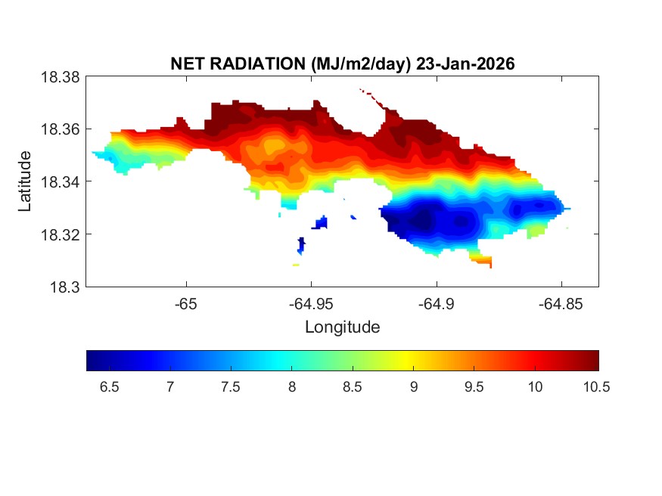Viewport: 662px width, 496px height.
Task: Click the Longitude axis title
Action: click(x=342, y=327)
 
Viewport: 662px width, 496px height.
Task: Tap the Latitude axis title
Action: click(x=26, y=181)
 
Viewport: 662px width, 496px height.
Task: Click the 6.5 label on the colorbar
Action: click(x=109, y=387)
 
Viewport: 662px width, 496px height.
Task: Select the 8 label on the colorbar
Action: click(x=292, y=387)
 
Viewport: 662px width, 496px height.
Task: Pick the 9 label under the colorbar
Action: click(x=414, y=387)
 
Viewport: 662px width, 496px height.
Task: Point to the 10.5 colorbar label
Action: click(x=596, y=387)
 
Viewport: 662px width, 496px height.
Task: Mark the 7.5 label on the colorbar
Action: click(x=231, y=387)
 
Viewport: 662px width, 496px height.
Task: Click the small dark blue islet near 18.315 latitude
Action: click(x=301, y=244)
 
